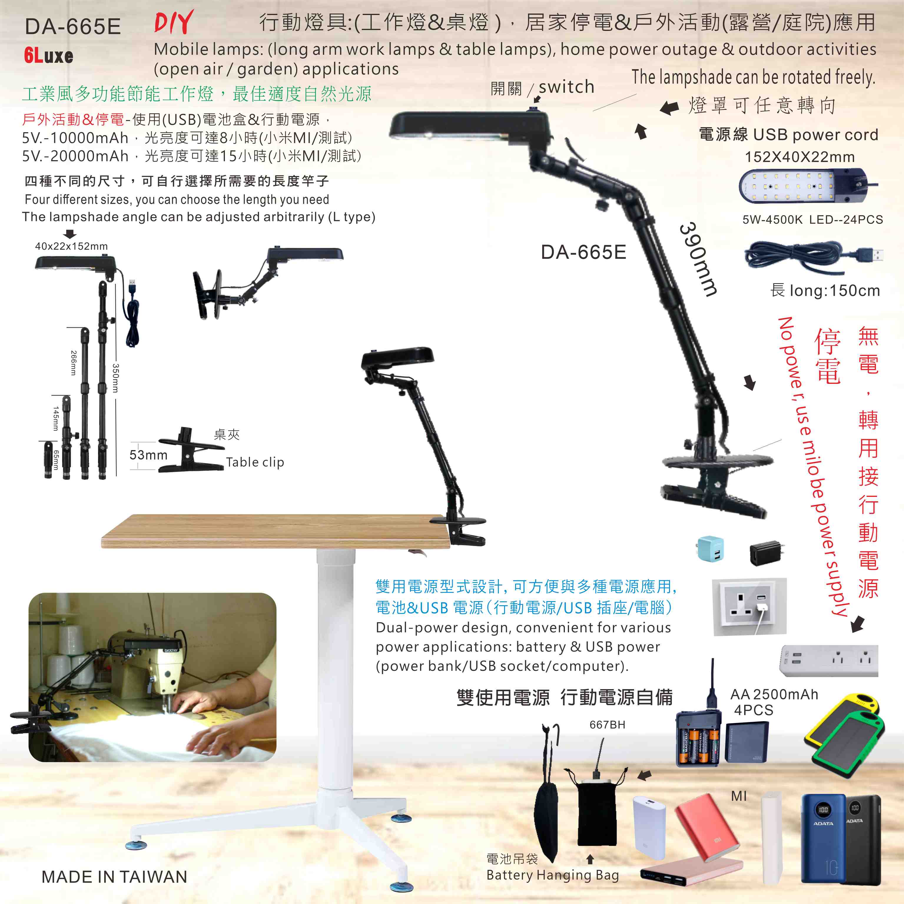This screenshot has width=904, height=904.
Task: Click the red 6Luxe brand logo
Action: tap(49, 56)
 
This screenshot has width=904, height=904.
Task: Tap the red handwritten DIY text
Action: tap(174, 22)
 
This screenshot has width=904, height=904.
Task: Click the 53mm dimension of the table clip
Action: tap(148, 455)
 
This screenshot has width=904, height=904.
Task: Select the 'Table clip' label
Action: tap(255, 462)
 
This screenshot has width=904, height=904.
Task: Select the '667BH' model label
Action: tap(607, 725)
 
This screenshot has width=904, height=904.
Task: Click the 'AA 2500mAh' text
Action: tap(774, 694)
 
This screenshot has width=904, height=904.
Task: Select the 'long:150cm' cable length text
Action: tap(835, 291)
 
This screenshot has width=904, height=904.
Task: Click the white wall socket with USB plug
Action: tap(749, 607)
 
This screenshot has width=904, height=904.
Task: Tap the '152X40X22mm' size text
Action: tap(800, 157)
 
